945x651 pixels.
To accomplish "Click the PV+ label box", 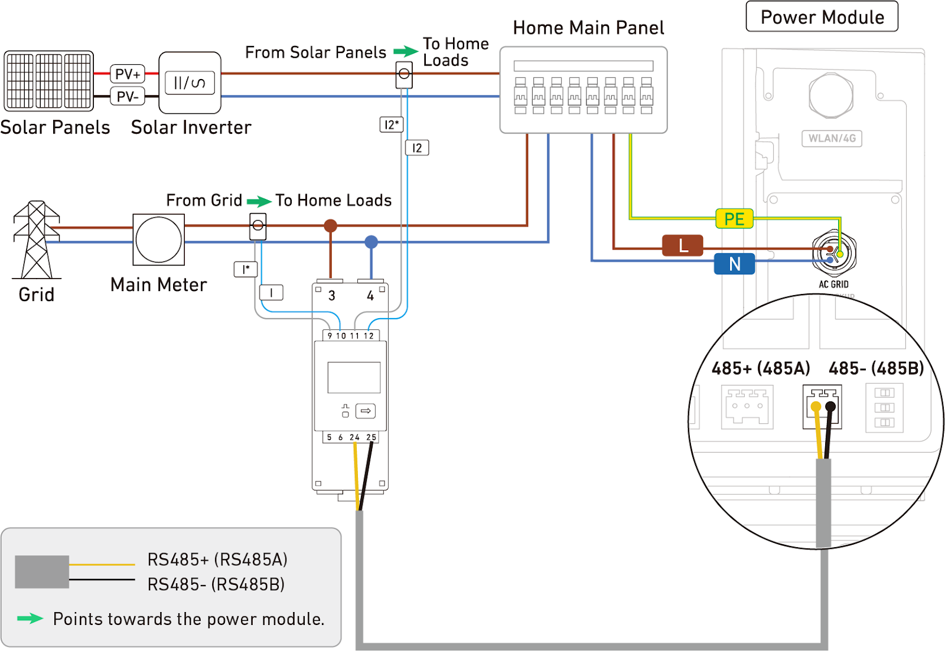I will (128, 74).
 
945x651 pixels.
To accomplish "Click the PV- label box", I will (128, 96).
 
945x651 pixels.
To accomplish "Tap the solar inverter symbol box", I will (190, 83).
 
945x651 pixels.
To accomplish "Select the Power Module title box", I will (822, 17).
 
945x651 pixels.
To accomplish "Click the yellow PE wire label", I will (734, 219).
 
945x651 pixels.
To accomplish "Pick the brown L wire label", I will (683, 245).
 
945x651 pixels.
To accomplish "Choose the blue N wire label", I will (734, 264).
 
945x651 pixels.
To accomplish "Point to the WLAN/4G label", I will (832, 138).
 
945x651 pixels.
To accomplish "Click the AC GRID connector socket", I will (833, 253).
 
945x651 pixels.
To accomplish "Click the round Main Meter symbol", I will (158, 240).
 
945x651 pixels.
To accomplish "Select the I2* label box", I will (391, 125).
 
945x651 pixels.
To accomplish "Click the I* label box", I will (246, 269).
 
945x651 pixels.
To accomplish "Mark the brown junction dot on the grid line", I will (331, 225).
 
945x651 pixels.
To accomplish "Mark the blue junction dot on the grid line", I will (371, 241).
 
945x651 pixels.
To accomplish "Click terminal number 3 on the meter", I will (332, 295).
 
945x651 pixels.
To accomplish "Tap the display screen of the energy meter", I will (354, 378).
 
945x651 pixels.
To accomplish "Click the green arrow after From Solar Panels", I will (406, 51).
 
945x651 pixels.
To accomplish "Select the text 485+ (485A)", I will (761, 368).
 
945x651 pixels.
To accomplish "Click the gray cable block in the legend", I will (42, 571).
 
